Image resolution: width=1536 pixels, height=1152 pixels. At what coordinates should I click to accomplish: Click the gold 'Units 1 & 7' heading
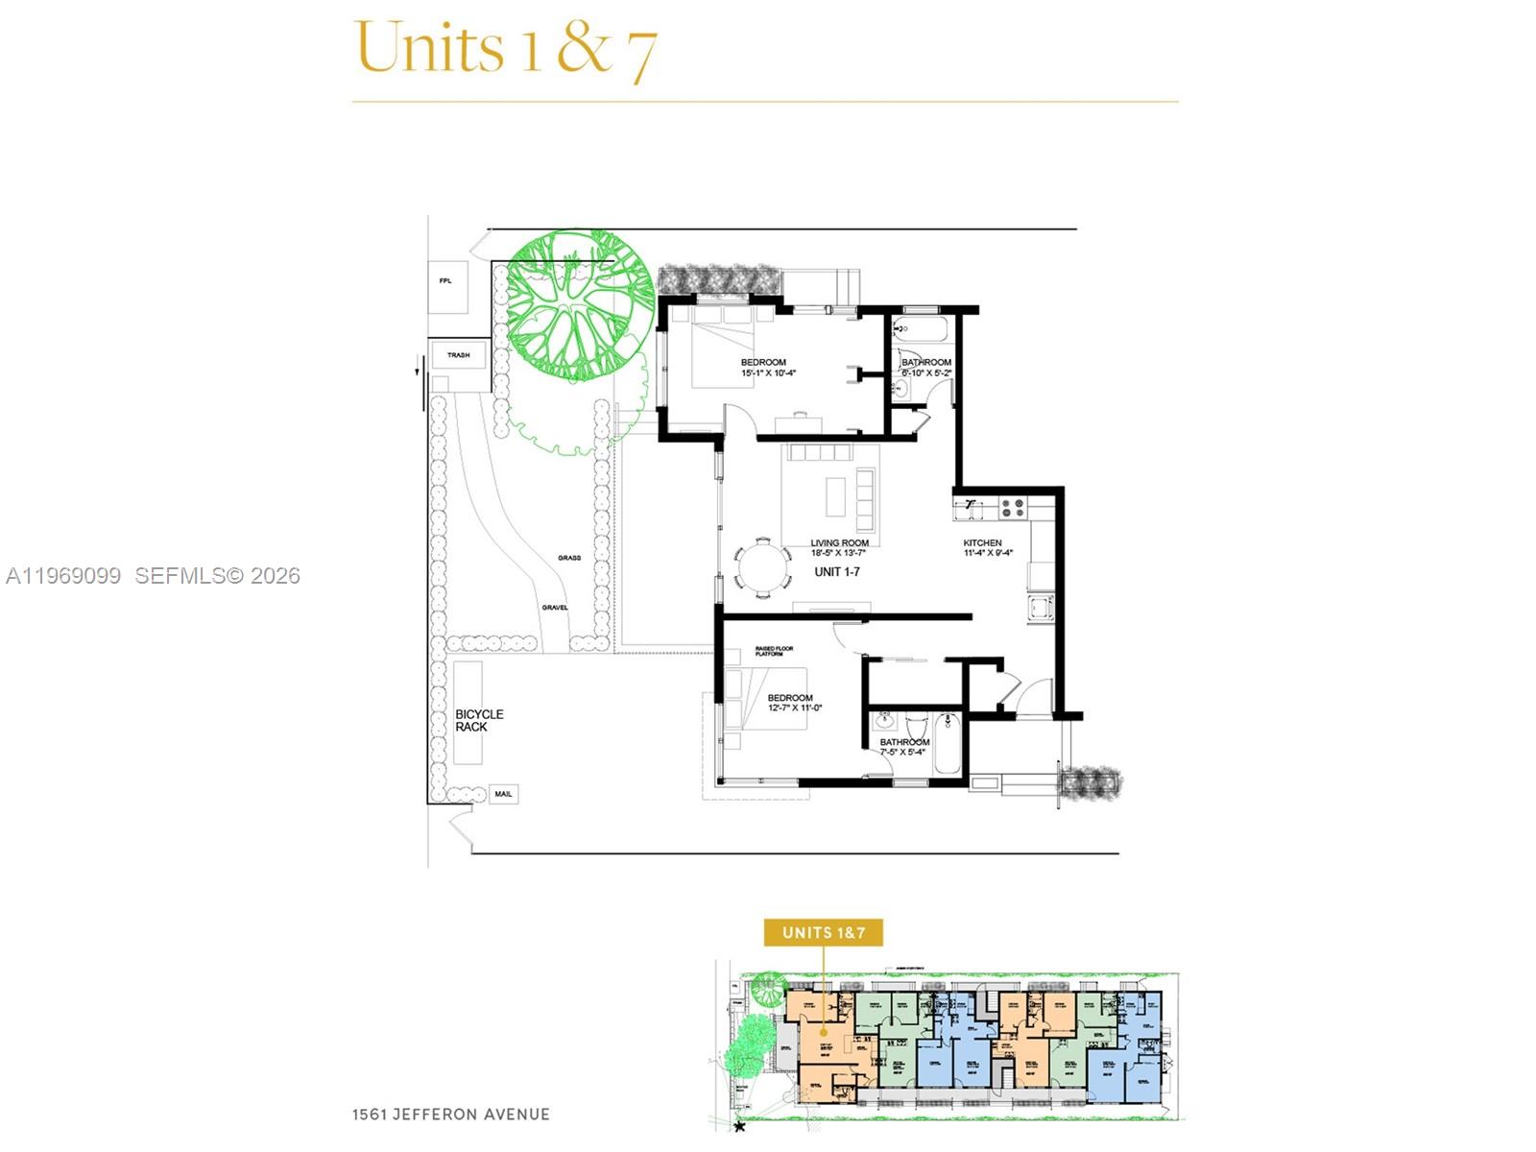tap(506, 48)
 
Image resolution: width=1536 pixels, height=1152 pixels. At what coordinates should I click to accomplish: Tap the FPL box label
tap(445, 281)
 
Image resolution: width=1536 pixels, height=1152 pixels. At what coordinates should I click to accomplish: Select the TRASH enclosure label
tap(458, 355)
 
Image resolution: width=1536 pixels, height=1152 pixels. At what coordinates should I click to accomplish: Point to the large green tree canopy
tap(579, 306)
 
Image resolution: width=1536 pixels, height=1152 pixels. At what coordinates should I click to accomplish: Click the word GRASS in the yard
tap(569, 558)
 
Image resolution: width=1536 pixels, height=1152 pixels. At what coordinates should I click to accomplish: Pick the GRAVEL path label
tap(555, 608)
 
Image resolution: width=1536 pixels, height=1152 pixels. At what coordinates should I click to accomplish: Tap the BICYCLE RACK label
tap(479, 721)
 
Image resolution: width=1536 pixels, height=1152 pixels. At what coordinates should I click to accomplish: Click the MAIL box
tap(503, 794)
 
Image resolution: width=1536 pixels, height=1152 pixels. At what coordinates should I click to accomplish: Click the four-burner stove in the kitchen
tap(1013, 507)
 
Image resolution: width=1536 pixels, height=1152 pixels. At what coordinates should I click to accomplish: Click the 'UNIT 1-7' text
tap(837, 572)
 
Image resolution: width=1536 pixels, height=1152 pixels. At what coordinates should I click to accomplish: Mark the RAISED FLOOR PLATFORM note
tap(774, 651)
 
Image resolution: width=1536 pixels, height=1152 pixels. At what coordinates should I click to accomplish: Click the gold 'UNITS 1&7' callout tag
tap(823, 932)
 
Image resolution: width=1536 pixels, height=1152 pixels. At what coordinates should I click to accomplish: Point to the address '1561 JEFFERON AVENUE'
tap(450, 1115)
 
